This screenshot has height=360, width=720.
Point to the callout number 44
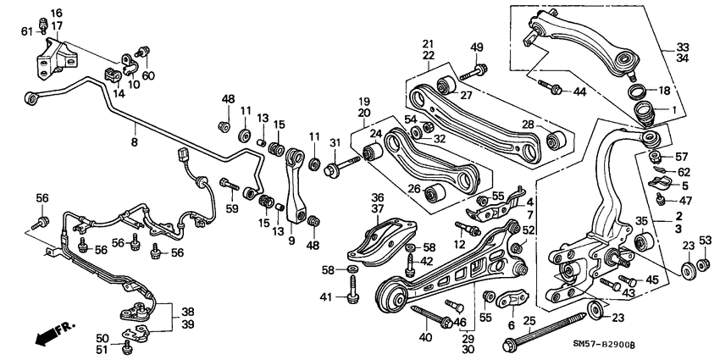(x=579, y=91)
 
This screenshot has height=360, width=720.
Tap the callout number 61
(x=27, y=31)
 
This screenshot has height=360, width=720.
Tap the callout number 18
(x=663, y=91)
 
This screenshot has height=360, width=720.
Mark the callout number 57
(x=682, y=157)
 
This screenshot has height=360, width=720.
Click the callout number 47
(x=683, y=200)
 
